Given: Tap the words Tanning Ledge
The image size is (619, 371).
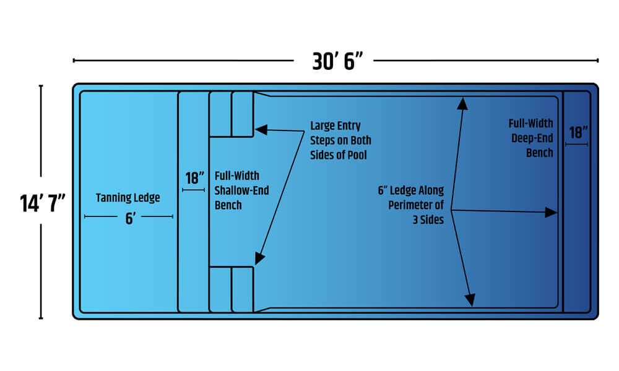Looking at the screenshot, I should click(x=128, y=198).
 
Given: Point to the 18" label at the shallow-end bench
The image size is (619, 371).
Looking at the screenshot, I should click(x=194, y=178).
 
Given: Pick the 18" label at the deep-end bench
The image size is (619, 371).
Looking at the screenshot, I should click(x=577, y=132).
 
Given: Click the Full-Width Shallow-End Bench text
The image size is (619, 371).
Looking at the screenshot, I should click(x=241, y=190).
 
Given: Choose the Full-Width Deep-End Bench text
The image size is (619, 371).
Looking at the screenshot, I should click(x=532, y=138).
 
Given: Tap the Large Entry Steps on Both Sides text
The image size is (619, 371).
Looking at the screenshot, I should click(x=340, y=140).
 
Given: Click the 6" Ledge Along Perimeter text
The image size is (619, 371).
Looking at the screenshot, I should click(x=411, y=205).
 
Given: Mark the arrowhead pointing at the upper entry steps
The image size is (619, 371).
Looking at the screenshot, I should click(x=261, y=130).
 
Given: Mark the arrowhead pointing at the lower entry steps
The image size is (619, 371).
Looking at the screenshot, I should click(x=260, y=258).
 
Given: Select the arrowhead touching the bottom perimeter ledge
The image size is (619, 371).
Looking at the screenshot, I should click(x=470, y=301).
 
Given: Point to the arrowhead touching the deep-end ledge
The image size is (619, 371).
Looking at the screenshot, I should click(x=551, y=212).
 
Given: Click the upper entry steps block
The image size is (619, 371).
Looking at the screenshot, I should click(x=232, y=114).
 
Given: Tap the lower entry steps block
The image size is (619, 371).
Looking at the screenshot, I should click(x=232, y=289).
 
